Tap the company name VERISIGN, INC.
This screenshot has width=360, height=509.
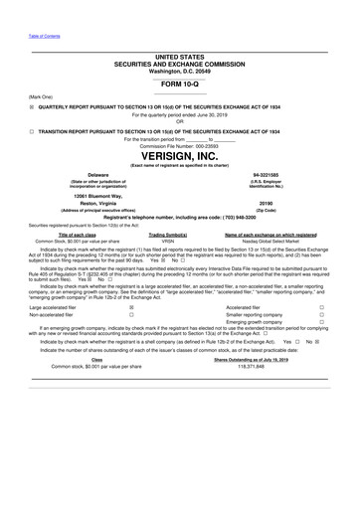point(180,157)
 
